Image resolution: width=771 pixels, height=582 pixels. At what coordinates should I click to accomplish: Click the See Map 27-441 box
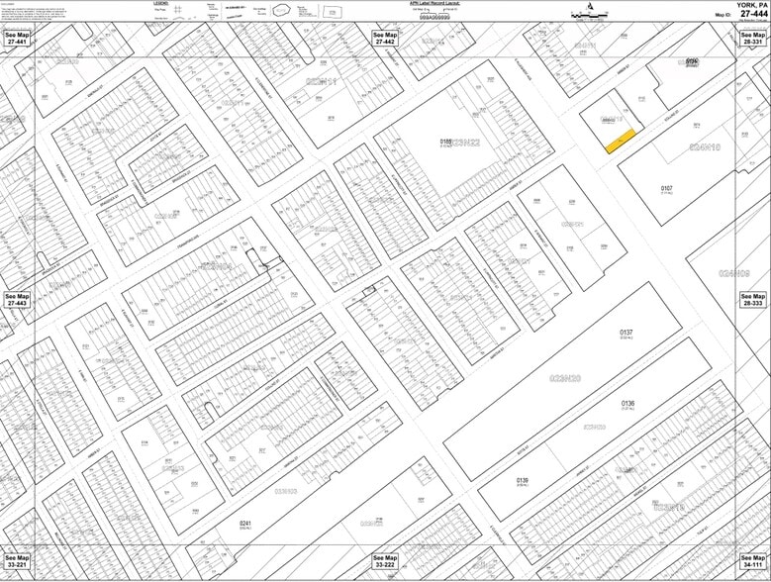pos(17,39)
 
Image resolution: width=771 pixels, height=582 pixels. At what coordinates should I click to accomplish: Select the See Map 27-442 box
pos(384,39)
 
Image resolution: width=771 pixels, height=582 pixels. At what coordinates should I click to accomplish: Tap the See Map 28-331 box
pos(753,39)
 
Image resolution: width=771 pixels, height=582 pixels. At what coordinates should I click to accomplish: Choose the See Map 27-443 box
pos(17,300)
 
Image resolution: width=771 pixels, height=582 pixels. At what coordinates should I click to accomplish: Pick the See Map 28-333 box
pos(753,300)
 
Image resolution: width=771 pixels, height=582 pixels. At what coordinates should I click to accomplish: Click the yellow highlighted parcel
pos(620,143)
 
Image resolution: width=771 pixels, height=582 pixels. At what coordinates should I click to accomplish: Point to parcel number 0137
pos(626,333)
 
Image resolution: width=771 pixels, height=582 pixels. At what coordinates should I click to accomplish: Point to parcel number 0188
pos(446,142)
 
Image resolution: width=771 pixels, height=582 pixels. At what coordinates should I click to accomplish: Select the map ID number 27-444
pos(752,14)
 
